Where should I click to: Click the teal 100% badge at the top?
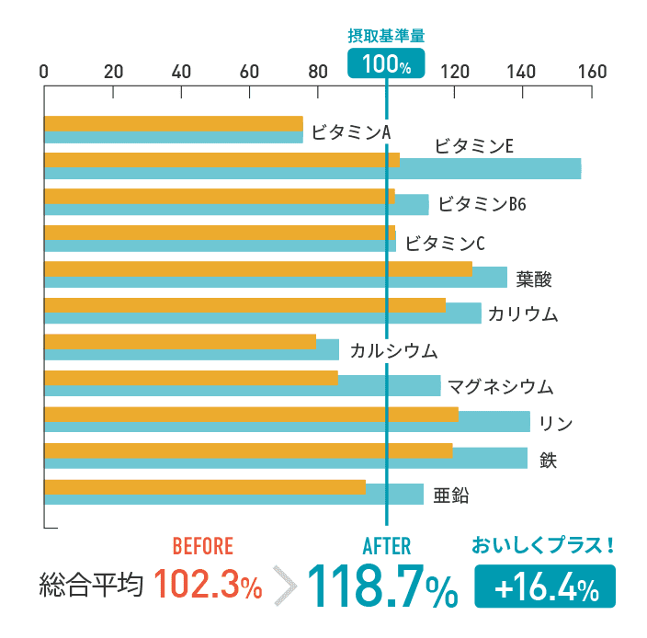point(386,63)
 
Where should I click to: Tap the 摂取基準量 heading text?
point(386,36)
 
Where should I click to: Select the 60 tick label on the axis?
point(249,72)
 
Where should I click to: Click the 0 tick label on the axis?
point(44,72)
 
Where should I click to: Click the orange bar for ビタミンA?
point(173,123)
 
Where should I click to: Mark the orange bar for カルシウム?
point(179,342)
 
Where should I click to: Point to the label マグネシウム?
point(500,386)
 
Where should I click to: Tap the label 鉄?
point(548,458)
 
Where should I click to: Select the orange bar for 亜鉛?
point(204,487)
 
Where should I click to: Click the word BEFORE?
point(203,546)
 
